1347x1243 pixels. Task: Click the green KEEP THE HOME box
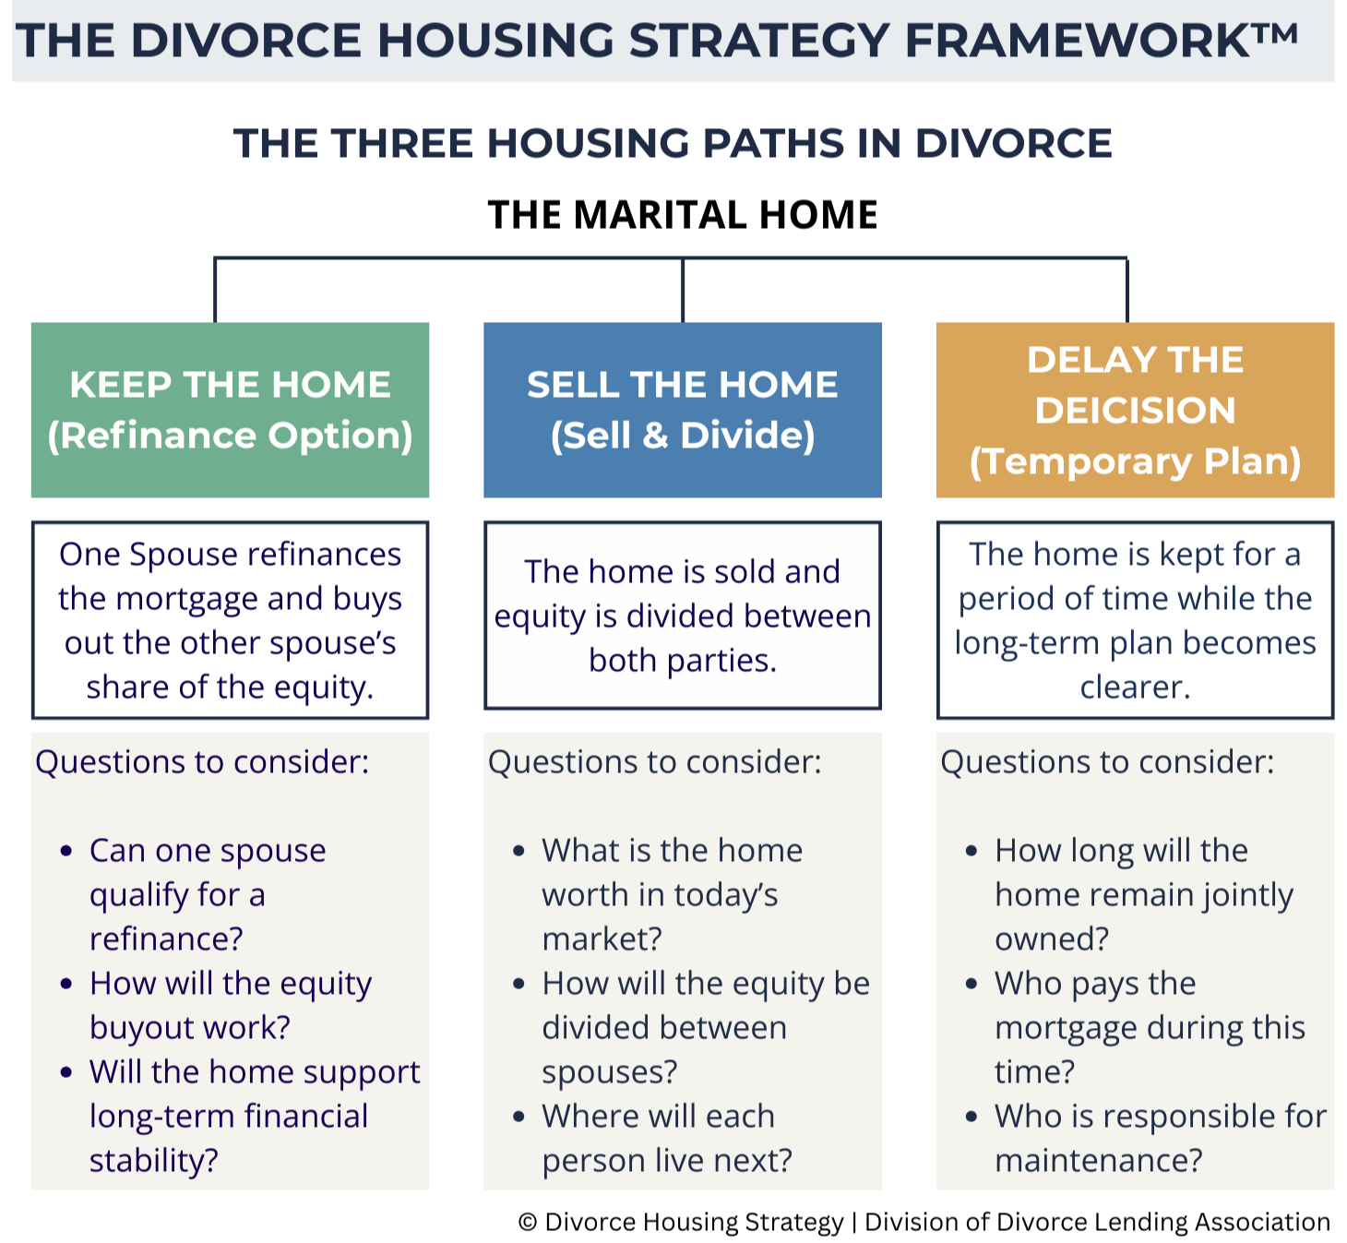(x=230, y=410)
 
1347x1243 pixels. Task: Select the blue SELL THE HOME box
(x=682, y=410)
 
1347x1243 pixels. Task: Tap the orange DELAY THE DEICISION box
(x=1135, y=410)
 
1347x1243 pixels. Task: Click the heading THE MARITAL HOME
(x=682, y=215)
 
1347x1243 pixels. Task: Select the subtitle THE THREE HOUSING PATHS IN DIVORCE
(x=673, y=144)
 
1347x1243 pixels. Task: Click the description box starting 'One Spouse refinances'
(x=230, y=620)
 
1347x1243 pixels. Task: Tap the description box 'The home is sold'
(x=682, y=616)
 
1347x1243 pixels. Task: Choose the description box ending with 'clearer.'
(x=1135, y=620)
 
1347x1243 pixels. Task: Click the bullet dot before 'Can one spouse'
(x=66, y=851)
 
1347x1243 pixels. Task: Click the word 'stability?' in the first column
(x=153, y=1161)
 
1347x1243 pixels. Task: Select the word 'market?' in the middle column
(x=602, y=939)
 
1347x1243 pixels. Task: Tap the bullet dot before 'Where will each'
(x=519, y=1117)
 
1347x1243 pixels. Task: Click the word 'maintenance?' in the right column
(x=1098, y=1161)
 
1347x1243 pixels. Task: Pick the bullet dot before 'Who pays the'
(x=972, y=984)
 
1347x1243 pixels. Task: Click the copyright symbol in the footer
(x=528, y=1223)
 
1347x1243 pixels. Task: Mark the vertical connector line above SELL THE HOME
(x=682, y=291)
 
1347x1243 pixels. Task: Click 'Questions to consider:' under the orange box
(x=1107, y=762)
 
